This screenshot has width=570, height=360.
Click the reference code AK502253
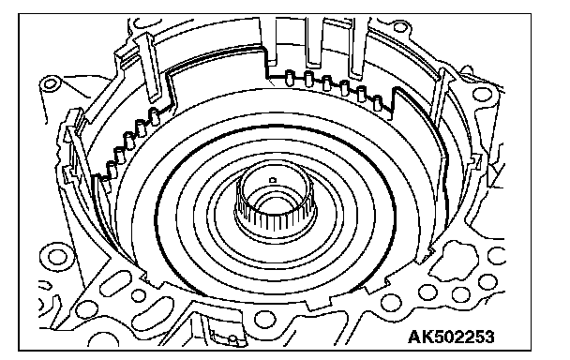(x=451, y=337)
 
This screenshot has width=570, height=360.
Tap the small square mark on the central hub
(x=273, y=180)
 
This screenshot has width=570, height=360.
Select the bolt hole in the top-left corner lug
(x=50, y=84)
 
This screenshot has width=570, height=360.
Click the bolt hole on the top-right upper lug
(x=400, y=27)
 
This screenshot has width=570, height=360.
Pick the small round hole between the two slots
(x=139, y=295)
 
